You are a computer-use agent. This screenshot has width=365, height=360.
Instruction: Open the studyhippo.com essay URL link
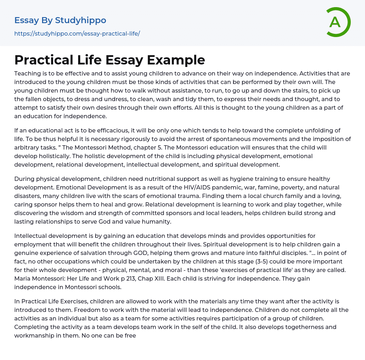(77, 33)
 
